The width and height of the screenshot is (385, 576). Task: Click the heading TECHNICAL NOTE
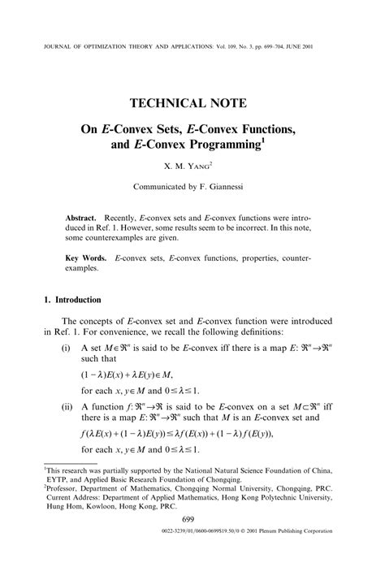coord(192,103)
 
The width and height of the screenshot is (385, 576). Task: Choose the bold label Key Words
coord(85,258)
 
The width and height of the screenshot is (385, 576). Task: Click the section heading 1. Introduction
coord(72,299)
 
